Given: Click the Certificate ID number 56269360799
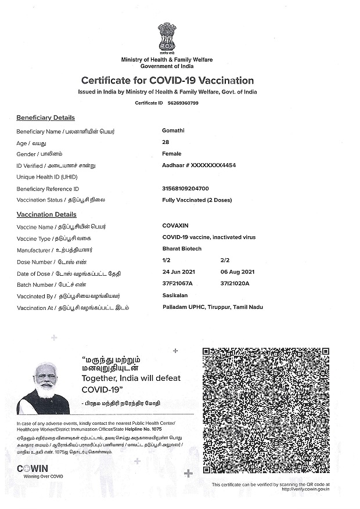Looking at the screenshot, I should click(x=183, y=103).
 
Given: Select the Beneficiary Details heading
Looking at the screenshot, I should click(x=45, y=118).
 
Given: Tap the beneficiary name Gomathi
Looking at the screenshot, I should click(x=173, y=131).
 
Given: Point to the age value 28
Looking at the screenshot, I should click(x=166, y=142).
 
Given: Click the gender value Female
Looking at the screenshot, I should click(x=172, y=154).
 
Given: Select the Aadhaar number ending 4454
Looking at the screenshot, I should click(x=199, y=165).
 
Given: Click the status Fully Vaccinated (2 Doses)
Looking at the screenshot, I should click(x=197, y=200).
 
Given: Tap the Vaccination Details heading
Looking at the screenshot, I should click(x=46, y=215).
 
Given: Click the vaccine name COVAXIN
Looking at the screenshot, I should click(x=175, y=226).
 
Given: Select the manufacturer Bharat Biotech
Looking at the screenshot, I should click(x=182, y=249).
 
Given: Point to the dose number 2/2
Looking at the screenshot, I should click(x=225, y=261).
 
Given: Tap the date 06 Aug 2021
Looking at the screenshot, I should click(x=238, y=272).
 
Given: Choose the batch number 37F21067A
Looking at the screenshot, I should click(x=178, y=283).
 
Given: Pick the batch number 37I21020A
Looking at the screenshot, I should click(x=235, y=283).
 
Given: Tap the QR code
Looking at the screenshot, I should click(x=266, y=410).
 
